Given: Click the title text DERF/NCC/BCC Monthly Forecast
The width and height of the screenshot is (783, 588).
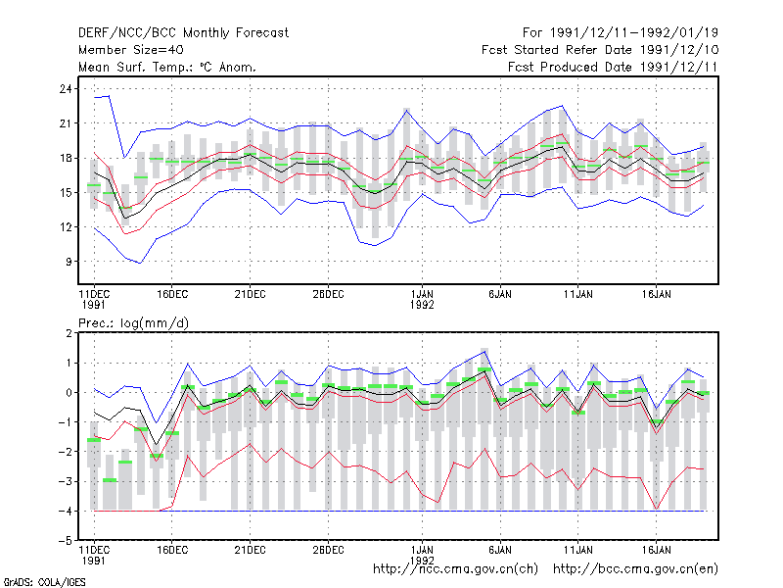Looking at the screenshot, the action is coord(183,33).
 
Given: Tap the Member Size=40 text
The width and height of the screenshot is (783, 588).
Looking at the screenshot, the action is coord(131,50).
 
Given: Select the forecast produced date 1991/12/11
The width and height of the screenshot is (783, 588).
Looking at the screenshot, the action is coord(678,67).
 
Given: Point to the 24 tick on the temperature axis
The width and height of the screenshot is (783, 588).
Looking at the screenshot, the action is coord(66,89).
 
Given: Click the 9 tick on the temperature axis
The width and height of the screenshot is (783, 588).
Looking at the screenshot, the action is coord(69,262).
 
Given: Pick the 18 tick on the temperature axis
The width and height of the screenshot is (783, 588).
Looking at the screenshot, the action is coord(66,158).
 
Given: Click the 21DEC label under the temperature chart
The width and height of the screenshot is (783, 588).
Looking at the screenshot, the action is coord(250,295).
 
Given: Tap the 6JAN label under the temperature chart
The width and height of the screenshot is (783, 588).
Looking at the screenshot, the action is coord(500,295).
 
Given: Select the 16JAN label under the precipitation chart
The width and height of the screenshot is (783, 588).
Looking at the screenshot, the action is coord(656,550).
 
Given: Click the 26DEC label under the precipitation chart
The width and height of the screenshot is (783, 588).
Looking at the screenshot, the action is coord(328,550).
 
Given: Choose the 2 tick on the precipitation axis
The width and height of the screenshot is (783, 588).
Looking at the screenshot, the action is coord(69,333).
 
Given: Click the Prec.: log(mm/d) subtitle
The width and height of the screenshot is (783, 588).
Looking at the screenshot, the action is coord(133,323).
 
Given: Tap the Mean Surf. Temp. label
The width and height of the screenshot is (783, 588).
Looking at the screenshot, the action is coord(137,67).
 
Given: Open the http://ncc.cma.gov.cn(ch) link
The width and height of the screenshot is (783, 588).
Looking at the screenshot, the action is coord(455,569).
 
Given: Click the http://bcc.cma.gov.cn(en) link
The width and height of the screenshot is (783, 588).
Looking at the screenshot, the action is coord(635,569).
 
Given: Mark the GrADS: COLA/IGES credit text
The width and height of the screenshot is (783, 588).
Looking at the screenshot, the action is coord(44,582).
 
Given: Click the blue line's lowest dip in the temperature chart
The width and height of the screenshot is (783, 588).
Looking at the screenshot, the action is coord(141,263).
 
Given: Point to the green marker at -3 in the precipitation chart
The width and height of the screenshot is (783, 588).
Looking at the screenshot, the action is coord(110,480).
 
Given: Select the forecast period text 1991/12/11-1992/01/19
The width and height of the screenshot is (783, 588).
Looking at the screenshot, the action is coord(633,33).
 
